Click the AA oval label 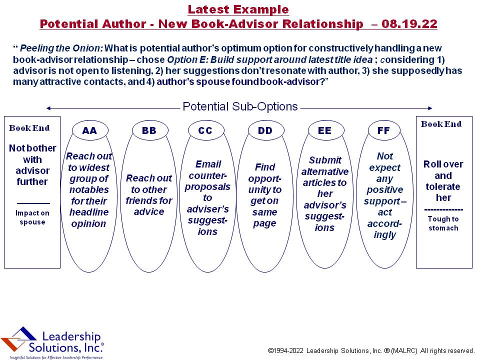click(89, 130)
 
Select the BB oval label click(149, 130)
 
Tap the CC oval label click(205, 130)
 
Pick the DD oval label click(265, 130)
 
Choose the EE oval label click(325, 130)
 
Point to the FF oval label click(383, 130)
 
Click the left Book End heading click(29, 128)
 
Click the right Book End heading click(441, 124)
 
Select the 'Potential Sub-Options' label click(240, 106)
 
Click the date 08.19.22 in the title click(409, 24)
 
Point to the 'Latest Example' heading click(238, 9)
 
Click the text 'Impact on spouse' click(32, 217)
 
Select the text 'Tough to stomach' click(443, 223)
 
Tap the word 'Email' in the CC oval click(208, 164)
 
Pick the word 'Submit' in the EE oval click(325, 160)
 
